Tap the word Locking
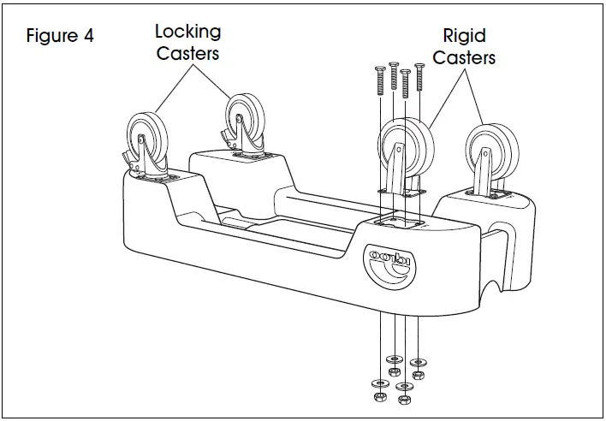click(x=187, y=32)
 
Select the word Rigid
click(x=464, y=36)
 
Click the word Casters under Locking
click(x=187, y=53)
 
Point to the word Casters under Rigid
click(x=464, y=58)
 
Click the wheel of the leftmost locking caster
click(x=145, y=136)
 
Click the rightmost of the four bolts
click(x=419, y=78)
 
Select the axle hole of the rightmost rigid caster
click(x=486, y=155)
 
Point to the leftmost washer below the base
click(x=377, y=382)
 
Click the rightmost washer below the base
click(x=418, y=359)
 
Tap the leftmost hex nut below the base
click(x=377, y=397)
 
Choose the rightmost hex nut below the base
click(x=418, y=375)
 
